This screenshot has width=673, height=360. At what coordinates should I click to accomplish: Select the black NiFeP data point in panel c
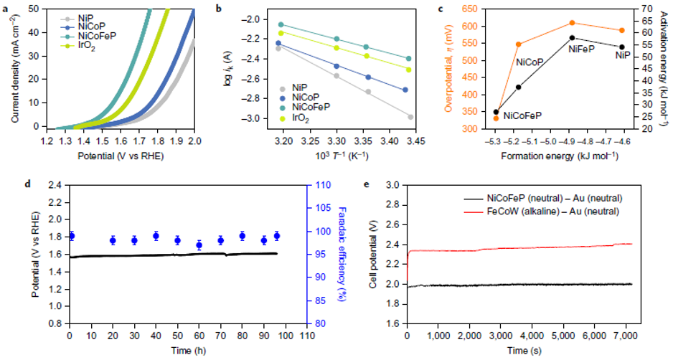[572, 37]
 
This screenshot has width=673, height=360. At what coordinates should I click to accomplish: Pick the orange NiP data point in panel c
[621, 30]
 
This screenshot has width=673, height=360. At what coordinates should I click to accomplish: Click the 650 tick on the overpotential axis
[476, 9]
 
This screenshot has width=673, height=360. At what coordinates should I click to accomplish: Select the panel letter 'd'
[28, 184]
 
